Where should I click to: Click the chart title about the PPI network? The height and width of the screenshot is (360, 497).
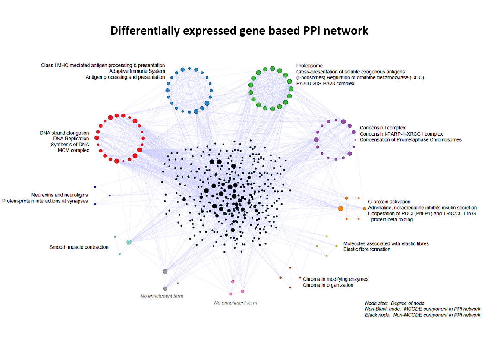(239, 31)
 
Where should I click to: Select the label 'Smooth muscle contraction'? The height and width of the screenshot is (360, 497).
(79, 247)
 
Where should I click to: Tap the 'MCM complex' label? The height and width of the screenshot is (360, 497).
(73, 150)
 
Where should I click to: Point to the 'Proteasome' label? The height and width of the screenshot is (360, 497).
(309, 66)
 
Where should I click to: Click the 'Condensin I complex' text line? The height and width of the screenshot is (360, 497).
(383, 128)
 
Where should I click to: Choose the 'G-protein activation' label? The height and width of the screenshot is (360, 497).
(389, 202)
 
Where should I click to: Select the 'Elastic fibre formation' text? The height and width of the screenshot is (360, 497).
(367, 249)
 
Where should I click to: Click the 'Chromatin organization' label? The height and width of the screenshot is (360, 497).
(328, 285)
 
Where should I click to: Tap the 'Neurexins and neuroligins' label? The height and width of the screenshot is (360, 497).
(60, 195)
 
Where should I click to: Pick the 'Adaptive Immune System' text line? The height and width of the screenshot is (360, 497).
(137, 71)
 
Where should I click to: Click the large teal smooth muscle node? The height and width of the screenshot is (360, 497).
(129, 242)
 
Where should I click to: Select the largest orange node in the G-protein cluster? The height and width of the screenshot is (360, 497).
(340, 208)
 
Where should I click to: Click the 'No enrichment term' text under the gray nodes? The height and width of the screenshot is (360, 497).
(162, 296)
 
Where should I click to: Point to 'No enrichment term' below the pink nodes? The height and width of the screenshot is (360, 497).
(236, 303)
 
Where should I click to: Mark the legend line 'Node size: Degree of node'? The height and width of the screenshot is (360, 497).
(395, 303)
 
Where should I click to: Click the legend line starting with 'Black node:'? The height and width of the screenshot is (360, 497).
(422, 315)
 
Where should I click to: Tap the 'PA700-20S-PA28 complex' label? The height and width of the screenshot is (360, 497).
(325, 83)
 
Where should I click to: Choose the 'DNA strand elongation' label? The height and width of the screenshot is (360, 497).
(64, 133)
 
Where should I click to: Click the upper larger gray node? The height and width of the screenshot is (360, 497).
(165, 272)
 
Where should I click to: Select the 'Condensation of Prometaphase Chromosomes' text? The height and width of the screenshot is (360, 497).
(410, 139)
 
